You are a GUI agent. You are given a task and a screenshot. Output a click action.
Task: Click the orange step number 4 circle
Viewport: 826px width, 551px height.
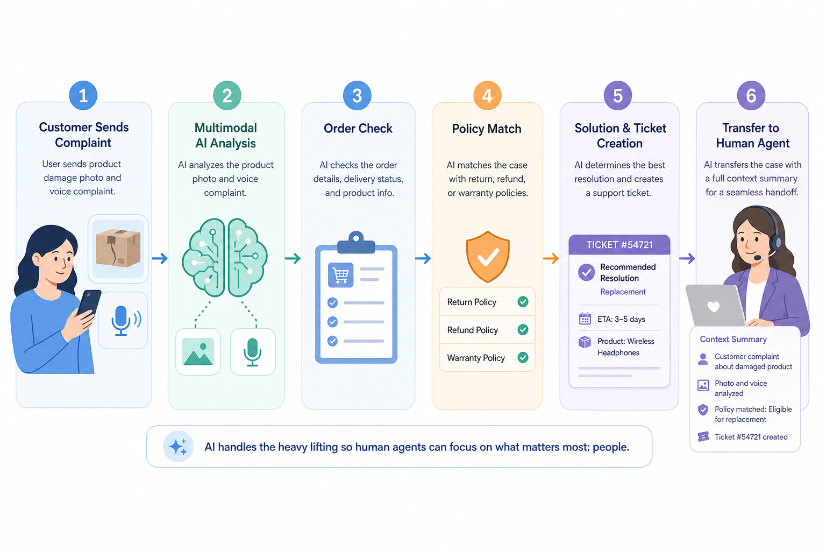click(487, 96)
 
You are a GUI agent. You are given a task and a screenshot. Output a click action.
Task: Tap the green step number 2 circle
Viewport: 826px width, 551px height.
click(227, 96)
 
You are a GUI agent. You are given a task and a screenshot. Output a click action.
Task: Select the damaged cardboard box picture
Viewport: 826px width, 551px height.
click(118, 249)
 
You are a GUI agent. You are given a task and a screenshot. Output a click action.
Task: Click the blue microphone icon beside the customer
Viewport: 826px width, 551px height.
click(126, 320)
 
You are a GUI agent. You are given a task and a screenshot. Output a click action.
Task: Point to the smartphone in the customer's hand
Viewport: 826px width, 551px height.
click(89, 302)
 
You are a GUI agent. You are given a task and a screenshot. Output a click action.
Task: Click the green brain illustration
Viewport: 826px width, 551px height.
click(225, 258)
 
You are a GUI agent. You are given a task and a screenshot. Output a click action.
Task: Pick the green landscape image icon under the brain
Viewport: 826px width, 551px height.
click(198, 351)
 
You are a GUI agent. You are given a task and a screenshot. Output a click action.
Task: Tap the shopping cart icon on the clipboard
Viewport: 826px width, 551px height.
click(340, 275)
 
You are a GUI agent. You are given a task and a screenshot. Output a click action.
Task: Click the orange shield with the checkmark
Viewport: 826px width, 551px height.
click(488, 257)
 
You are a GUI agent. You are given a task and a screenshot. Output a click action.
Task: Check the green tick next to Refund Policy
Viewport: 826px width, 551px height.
click(523, 329)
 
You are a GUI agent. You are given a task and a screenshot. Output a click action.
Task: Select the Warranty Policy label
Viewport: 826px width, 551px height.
click(476, 358)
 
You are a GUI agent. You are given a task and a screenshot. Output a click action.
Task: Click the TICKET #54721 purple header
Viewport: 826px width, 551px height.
click(619, 244)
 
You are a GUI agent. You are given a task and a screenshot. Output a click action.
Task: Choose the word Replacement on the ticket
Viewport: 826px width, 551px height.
click(623, 292)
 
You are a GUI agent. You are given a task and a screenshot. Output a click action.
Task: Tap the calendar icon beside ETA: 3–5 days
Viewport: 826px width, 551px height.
click(585, 319)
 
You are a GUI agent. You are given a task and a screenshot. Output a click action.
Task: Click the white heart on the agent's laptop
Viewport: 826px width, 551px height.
click(713, 307)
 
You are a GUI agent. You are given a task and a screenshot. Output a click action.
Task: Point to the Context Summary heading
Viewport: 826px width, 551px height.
click(733, 339)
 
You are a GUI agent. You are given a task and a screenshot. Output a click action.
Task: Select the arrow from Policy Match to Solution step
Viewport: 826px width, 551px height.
click(551, 258)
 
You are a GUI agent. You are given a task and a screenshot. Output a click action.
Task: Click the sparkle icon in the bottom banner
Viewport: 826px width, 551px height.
click(179, 447)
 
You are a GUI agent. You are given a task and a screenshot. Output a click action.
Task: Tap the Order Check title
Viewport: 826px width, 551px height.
click(358, 128)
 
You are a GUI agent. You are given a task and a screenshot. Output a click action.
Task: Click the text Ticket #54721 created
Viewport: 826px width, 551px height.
click(751, 436)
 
